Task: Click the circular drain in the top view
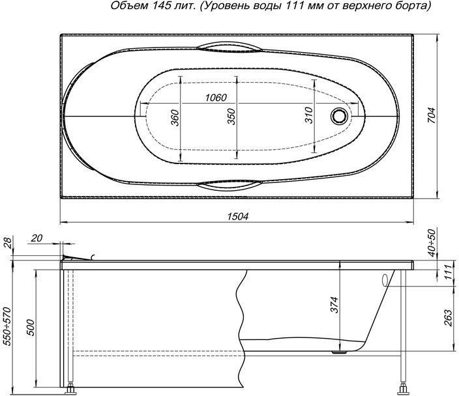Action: pos(340,117)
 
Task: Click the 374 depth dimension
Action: pos(334,305)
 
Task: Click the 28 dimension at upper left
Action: pos(7,243)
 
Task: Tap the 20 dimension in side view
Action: pos(37,238)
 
